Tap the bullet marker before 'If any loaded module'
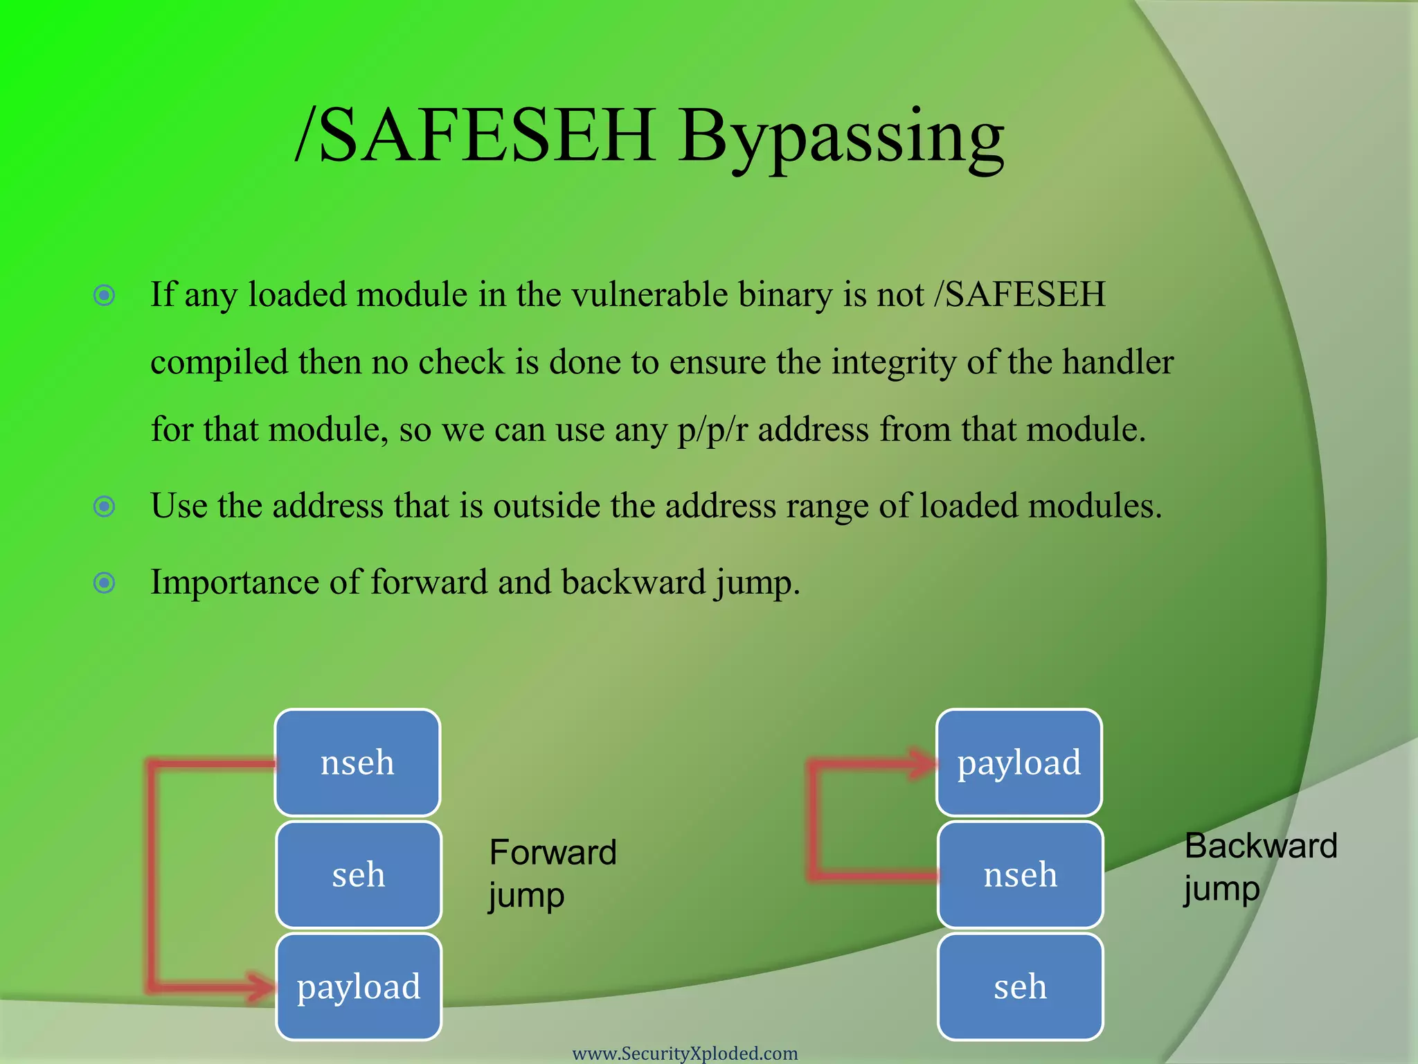(105, 296)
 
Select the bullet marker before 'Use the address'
(105, 507)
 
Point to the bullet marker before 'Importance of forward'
(105, 583)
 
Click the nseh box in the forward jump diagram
(357, 763)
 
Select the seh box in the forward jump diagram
(358, 875)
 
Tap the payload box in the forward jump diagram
(358, 986)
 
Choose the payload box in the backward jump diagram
(1018, 763)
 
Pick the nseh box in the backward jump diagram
(1020, 875)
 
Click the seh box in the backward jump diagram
(1020, 986)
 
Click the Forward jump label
(552, 873)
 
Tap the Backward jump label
(1259, 867)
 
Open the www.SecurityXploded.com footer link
(685, 1053)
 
